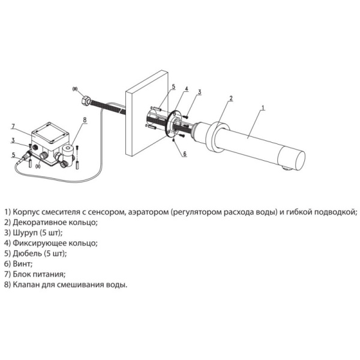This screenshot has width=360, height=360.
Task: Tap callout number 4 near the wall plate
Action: tap(186, 89)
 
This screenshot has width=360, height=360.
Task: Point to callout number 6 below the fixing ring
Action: tap(185, 154)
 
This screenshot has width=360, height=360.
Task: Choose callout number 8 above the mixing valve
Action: tap(85, 120)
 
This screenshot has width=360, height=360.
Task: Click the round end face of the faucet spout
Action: tap(298, 160)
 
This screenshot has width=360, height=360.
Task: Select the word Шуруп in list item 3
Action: tap(26, 233)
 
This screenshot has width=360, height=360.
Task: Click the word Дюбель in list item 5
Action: tap(28, 253)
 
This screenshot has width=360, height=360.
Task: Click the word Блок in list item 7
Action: tap(22, 274)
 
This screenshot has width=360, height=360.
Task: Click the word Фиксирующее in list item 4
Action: tap(40, 243)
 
